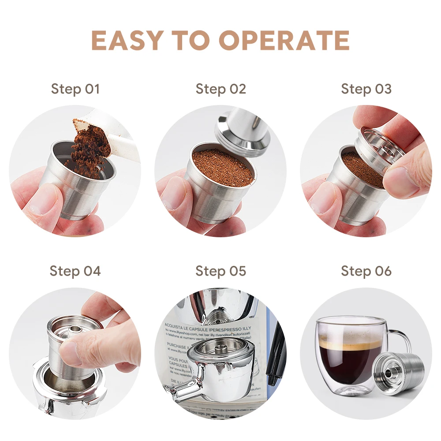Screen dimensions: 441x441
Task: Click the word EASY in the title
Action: (x=126, y=41)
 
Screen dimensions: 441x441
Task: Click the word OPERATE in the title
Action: (x=284, y=41)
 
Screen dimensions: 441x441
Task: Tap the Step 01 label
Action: (x=75, y=89)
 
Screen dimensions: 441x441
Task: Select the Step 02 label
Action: (x=220, y=89)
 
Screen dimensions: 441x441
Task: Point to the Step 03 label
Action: (x=366, y=89)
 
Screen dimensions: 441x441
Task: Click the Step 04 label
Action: (x=75, y=270)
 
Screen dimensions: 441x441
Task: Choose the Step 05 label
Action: (x=220, y=270)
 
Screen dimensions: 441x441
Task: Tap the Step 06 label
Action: (x=366, y=270)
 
